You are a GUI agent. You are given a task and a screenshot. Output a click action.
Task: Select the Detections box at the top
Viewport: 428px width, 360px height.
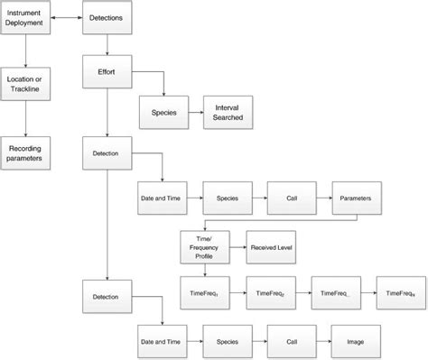[108, 18]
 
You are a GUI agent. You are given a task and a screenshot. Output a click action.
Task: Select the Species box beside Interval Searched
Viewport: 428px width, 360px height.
[163, 114]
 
